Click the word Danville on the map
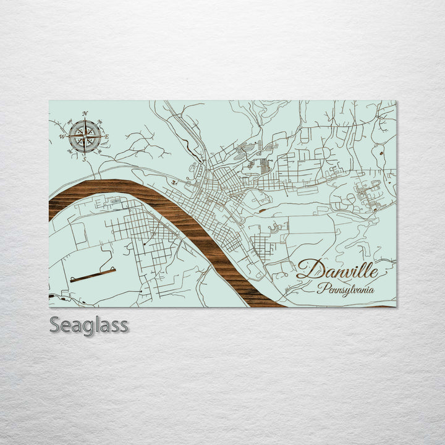coord(337,269)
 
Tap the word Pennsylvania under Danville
coord(346,288)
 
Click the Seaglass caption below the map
coord(89,324)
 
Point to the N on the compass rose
coord(85,114)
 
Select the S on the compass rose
coord(85,159)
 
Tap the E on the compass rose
coord(106,137)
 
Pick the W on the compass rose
coord(62,137)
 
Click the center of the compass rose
coord(85,137)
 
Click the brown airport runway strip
coord(93,274)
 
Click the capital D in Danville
coord(307,269)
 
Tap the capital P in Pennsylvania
coord(321,287)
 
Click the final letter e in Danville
coord(371,271)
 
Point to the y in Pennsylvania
coord(346,290)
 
